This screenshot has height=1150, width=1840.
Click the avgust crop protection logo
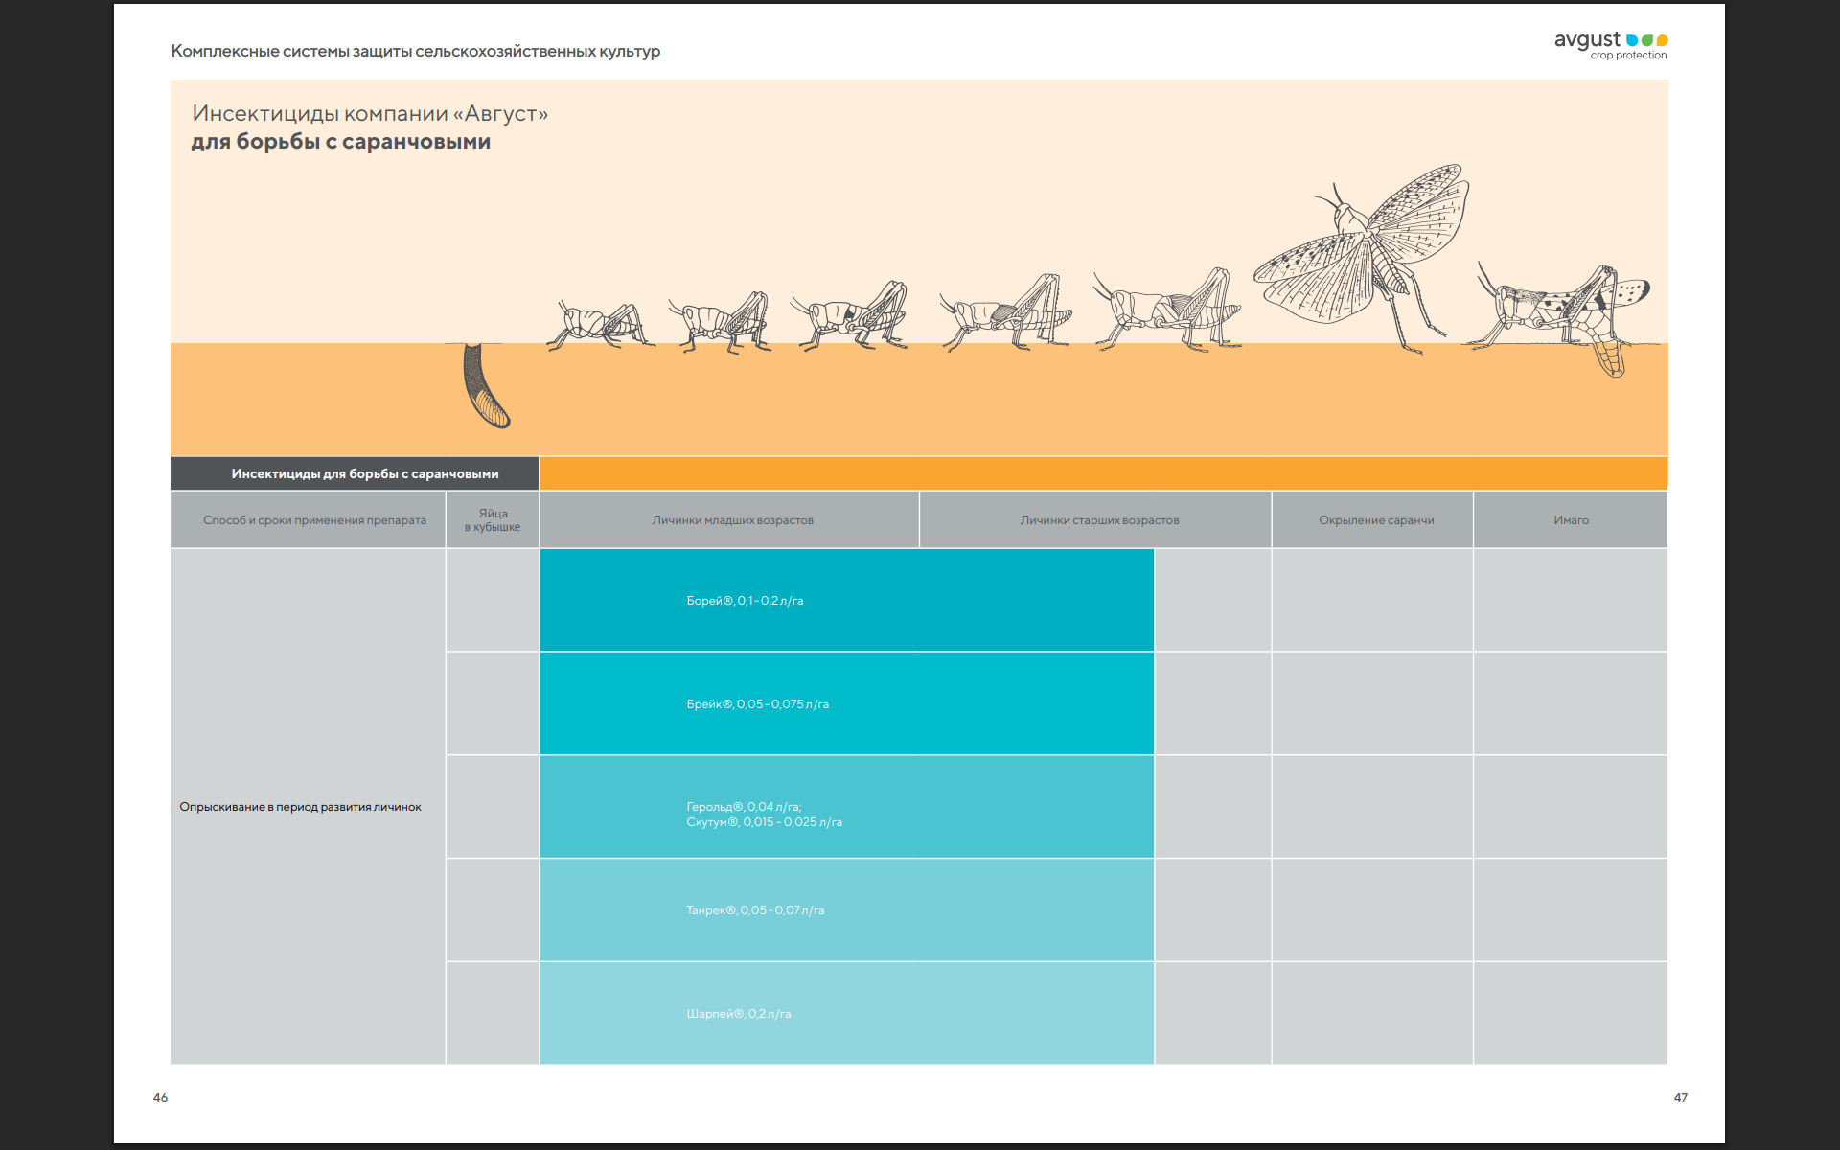(x=1610, y=44)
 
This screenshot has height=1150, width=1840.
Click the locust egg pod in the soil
(x=484, y=385)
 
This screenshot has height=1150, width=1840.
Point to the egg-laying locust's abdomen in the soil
(x=1609, y=357)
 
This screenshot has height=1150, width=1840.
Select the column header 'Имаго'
(x=1571, y=520)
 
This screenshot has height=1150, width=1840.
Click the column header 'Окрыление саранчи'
(x=1375, y=520)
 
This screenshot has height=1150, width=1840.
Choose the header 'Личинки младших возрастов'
(x=732, y=520)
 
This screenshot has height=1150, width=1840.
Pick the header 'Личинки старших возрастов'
(x=1099, y=520)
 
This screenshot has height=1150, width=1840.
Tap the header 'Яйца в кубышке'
(x=493, y=520)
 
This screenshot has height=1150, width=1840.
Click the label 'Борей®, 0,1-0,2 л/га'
(x=745, y=601)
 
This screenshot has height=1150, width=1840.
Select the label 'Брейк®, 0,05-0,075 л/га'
(x=757, y=704)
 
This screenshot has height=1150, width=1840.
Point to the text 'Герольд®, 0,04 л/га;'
(x=744, y=807)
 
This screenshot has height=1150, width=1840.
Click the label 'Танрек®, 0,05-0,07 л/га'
(x=755, y=910)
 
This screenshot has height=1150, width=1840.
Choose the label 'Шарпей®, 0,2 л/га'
(x=738, y=1014)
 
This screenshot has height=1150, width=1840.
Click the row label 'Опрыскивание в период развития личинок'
(x=300, y=807)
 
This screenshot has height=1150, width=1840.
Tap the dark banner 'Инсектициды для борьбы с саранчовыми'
(x=364, y=473)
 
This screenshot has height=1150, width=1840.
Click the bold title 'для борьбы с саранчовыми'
(x=340, y=142)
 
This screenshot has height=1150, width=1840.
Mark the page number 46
(x=160, y=1098)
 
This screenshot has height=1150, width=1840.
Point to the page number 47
(x=1680, y=1098)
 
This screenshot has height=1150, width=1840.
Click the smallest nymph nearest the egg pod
(x=599, y=324)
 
